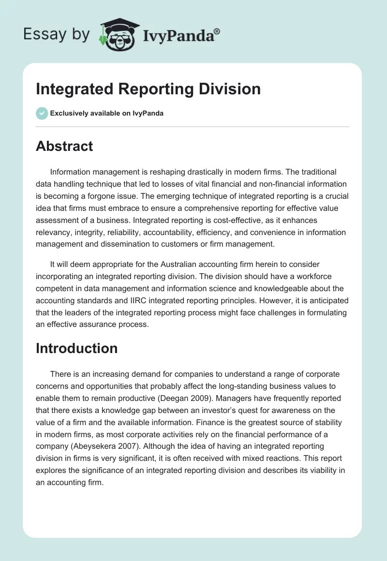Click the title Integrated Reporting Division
point(148,89)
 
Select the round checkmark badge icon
point(42,113)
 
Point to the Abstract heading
point(64,146)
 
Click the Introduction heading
point(76,348)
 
